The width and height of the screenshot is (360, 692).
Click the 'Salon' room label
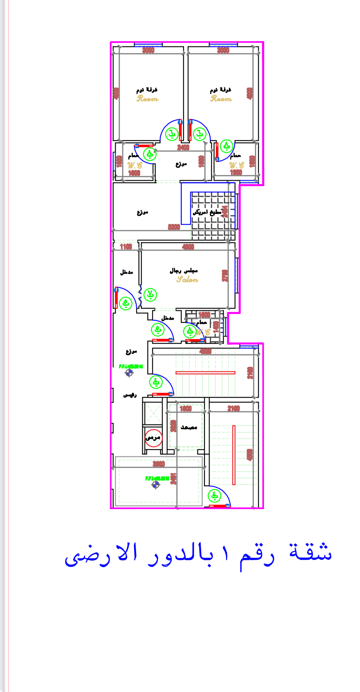[x=187, y=280]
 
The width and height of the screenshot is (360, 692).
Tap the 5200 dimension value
[x=174, y=227]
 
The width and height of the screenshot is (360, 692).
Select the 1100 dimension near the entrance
[x=126, y=247]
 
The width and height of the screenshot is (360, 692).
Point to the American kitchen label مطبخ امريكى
[x=207, y=212]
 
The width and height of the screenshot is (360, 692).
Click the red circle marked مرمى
[x=153, y=438]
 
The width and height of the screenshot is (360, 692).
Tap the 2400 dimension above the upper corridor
[x=183, y=147]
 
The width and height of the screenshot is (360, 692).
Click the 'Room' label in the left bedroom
[x=147, y=99]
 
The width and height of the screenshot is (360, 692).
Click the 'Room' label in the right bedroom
[x=221, y=99]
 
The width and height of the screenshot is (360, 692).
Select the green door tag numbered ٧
[x=150, y=295]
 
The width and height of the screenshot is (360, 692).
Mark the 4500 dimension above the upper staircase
[x=205, y=351]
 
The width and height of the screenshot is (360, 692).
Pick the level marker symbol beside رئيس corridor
[x=129, y=373]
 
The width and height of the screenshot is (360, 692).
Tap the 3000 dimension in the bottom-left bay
[x=159, y=464]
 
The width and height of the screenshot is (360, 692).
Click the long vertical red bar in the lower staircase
[x=234, y=455]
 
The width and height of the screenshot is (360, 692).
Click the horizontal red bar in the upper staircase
[x=205, y=373]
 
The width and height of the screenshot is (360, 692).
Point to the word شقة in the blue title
[x=310, y=553]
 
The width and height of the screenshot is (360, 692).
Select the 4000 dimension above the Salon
[x=188, y=247]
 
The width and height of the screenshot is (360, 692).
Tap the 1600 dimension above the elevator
[x=186, y=408]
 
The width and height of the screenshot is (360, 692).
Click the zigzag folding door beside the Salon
[x=140, y=295]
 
